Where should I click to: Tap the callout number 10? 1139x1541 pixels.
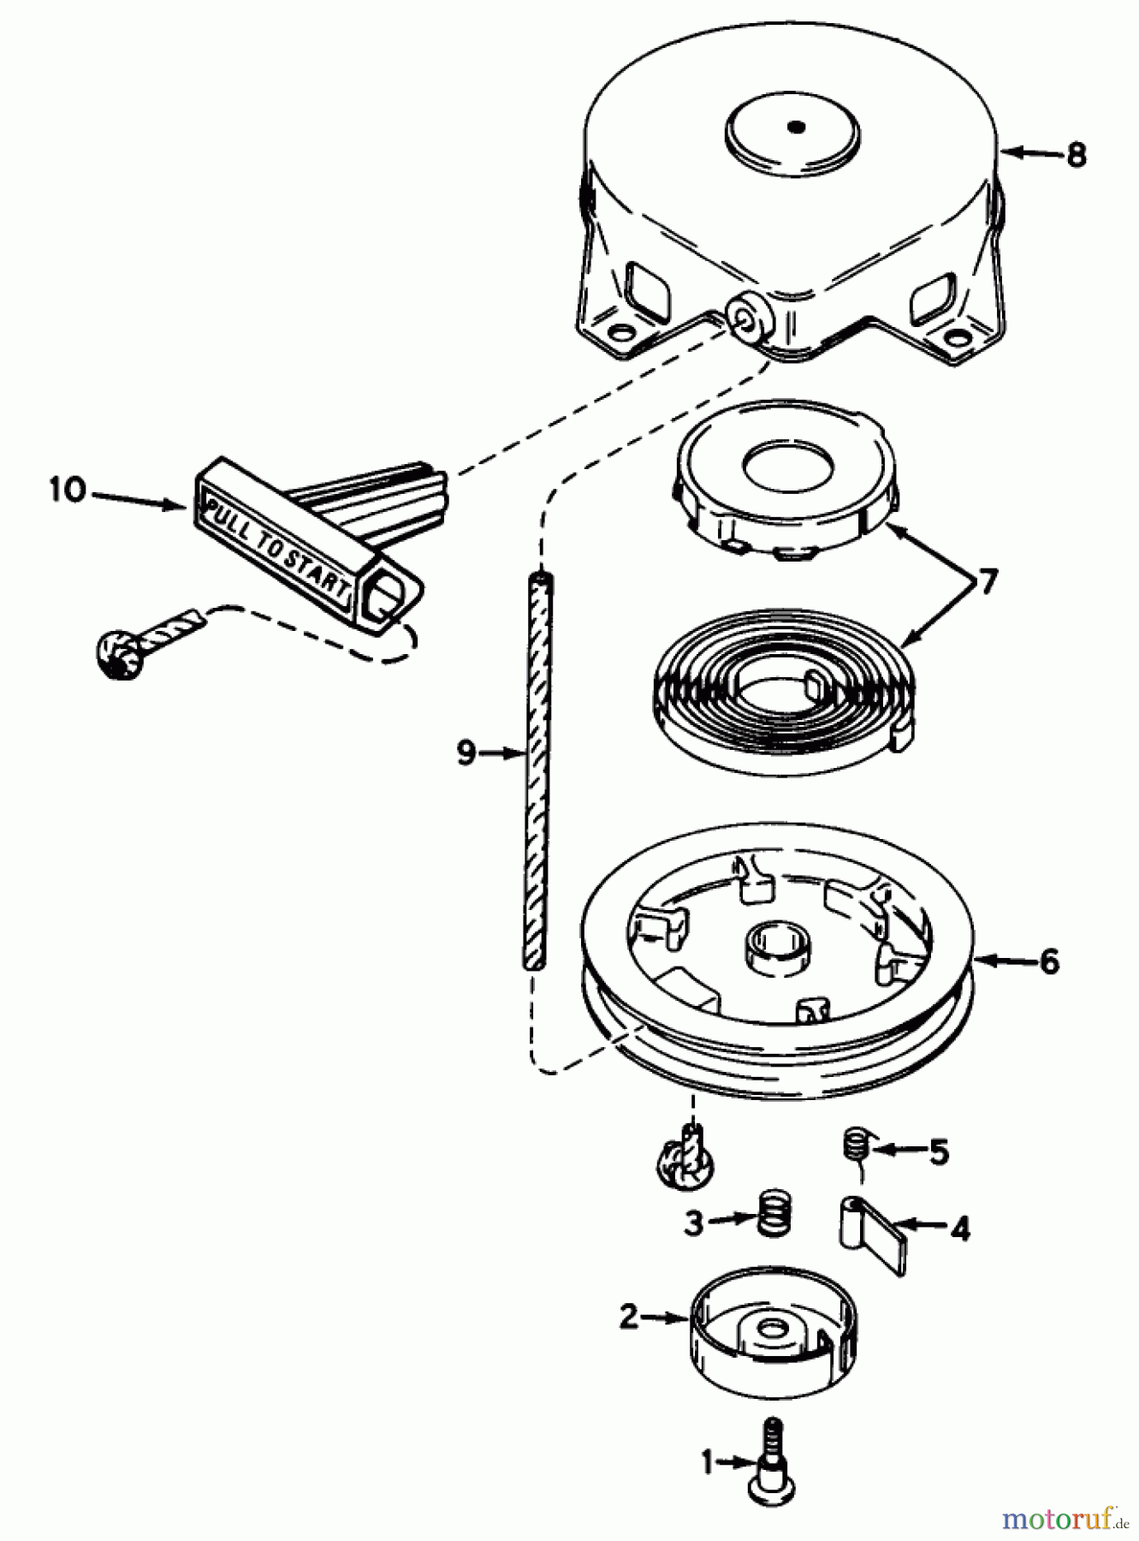[x=68, y=491]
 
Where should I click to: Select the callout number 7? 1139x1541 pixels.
[x=987, y=582]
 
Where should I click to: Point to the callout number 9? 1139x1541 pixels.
[x=466, y=753]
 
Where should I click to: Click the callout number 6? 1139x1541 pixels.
[x=1049, y=961]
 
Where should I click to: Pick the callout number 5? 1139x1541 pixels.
[x=939, y=1152]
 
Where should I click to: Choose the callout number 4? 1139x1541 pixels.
[x=960, y=1229]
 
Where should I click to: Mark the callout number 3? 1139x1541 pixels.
[x=693, y=1222]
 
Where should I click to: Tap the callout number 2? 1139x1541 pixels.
[x=629, y=1316]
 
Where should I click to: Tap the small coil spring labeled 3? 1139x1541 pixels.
[x=774, y=1211]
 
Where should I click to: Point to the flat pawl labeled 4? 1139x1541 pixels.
[x=873, y=1233]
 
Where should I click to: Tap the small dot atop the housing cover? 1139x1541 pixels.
[x=797, y=128]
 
